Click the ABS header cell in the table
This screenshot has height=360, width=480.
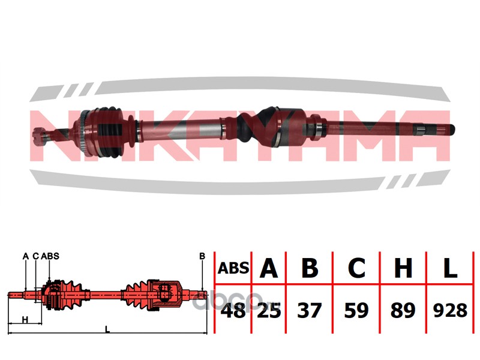tap(233, 268)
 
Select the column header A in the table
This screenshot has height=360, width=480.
tap(268, 268)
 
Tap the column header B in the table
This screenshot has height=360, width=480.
tap(310, 268)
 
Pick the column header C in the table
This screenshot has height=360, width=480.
tap(356, 268)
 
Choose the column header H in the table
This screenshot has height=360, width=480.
tap(403, 268)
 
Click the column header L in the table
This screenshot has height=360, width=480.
tap(450, 268)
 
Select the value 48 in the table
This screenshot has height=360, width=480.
tap(233, 310)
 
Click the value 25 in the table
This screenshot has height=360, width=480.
tap(269, 310)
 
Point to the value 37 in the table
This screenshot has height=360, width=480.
tap(310, 310)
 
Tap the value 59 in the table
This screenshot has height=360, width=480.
tap(356, 310)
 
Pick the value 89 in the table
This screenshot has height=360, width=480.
tap(403, 310)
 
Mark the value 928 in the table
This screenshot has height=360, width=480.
tap(451, 310)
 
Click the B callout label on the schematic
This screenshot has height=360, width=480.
tap(202, 256)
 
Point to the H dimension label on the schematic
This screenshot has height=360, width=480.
tap(25, 320)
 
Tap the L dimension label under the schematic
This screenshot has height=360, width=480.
tap(107, 329)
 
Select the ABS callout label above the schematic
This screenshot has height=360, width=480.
tap(50, 256)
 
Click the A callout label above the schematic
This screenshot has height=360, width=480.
tap(26, 256)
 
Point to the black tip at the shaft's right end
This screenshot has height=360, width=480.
tap(452, 130)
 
